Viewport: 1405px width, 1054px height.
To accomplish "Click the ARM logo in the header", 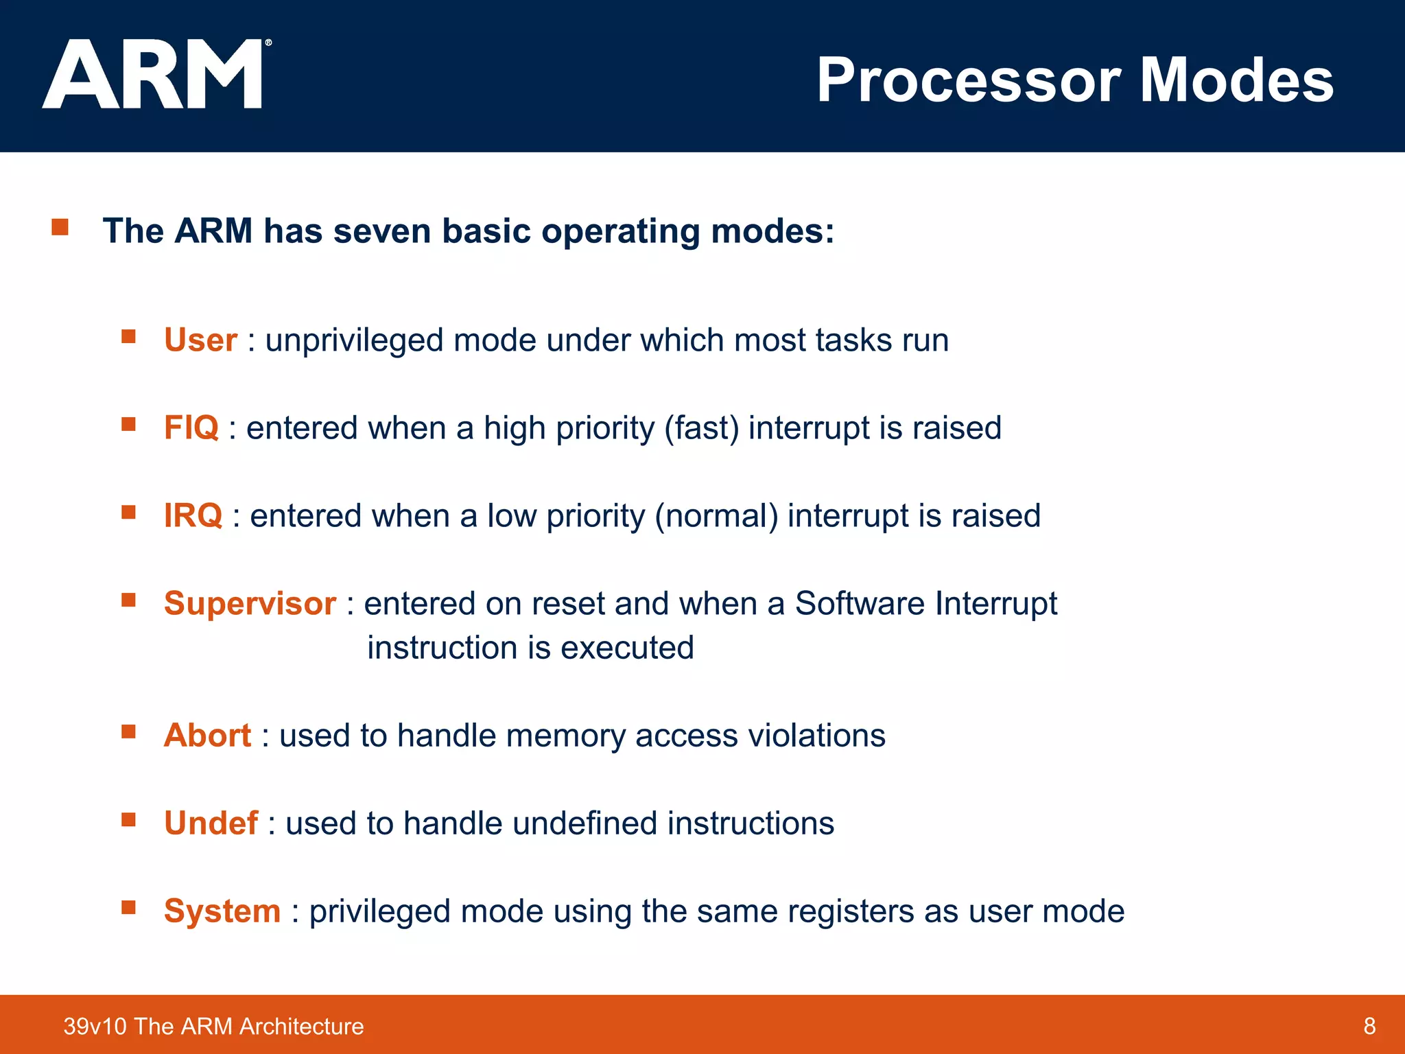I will (x=152, y=74).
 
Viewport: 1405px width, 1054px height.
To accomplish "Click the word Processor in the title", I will (x=968, y=81).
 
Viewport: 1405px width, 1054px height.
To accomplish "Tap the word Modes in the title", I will (x=1236, y=81).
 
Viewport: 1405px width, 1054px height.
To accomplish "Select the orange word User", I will (x=200, y=340).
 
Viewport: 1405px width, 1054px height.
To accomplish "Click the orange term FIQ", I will (x=191, y=428).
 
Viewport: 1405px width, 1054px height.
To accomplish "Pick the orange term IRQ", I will (x=193, y=516).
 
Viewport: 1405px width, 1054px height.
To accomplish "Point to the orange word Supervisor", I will (x=250, y=604).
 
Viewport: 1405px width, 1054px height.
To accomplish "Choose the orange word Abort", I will (x=207, y=736).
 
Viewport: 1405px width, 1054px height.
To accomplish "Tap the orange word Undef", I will (x=211, y=823).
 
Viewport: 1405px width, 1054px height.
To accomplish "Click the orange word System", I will (x=222, y=911).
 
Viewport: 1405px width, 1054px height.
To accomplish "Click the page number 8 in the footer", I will (x=1369, y=1026).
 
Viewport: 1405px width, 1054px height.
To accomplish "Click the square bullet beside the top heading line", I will (x=60, y=227).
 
